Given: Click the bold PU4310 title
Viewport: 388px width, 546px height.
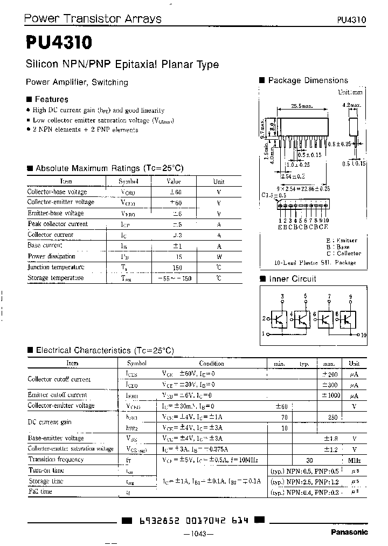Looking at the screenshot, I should [x=58, y=42].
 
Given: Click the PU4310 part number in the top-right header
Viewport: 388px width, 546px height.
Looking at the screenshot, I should [x=351, y=19].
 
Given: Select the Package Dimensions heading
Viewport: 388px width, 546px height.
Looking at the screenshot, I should [x=308, y=80].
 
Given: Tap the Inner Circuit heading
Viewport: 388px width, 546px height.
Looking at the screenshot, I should [x=292, y=279].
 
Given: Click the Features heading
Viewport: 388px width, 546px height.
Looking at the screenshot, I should [x=51, y=99].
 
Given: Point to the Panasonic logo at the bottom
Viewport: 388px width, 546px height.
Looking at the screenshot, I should [x=349, y=532].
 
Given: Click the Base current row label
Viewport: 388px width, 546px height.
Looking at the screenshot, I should [x=45, y=245].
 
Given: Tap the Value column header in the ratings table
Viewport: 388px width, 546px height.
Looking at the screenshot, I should [x=174, y=182].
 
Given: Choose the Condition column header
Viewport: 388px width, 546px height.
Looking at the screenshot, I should [x=211, y=364].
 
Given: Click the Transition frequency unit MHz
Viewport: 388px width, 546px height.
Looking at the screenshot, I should [x=354, y=460].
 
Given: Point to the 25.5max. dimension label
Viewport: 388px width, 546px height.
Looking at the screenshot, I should [x=302, y=106].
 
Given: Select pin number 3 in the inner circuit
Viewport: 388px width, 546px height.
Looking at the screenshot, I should [x=282, y=297].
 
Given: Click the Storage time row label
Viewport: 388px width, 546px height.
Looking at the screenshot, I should [x=45, y=481].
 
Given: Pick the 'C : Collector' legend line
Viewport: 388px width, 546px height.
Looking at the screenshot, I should [x=343, y=253].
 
